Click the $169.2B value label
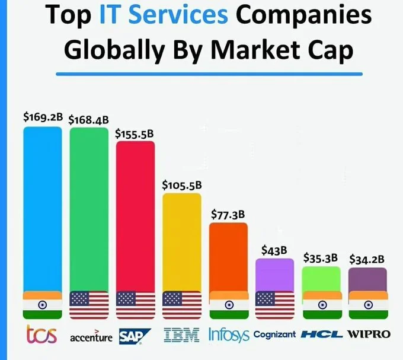43,116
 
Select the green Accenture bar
89,208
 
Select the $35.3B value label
320,257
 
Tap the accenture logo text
91,337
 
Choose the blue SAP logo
135,336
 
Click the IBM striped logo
181,336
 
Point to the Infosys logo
229,335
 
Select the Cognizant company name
274,334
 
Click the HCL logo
321,334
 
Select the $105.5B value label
182,185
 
